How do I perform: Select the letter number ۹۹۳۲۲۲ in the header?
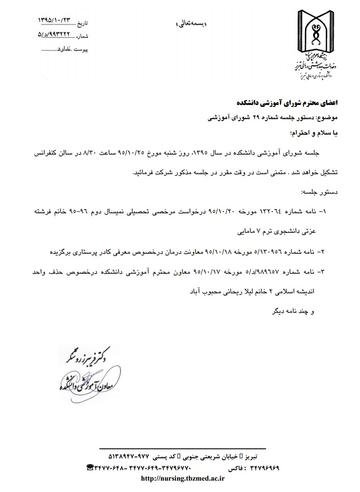coord(55,34)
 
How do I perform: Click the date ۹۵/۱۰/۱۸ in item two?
coord(221,251)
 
